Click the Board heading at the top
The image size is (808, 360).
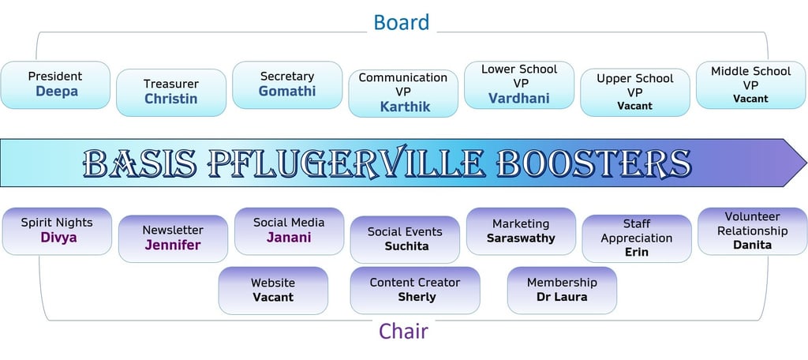coord(402,22)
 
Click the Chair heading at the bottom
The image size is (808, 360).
coord(403,331)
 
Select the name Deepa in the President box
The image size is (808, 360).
coord(56,92)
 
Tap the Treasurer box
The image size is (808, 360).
coord(171,92)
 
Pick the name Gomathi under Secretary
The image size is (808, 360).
coord(287,92)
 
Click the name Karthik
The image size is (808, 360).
coord(405,107)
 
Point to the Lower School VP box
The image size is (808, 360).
coord(518,84)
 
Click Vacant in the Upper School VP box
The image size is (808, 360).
coord(635,106)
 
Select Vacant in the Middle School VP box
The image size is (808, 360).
coord(750,99)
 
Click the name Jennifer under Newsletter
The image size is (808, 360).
coord(173,245)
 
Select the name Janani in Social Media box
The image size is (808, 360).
coord(289,238)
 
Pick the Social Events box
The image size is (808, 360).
coord(405,239)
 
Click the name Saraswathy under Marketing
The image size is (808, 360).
coord(521,238)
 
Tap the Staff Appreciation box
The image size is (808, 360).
coord(637,238)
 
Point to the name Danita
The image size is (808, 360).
coord(752,245)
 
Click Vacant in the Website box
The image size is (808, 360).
coord(273,297)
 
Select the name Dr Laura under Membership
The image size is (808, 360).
coord(562,297)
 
